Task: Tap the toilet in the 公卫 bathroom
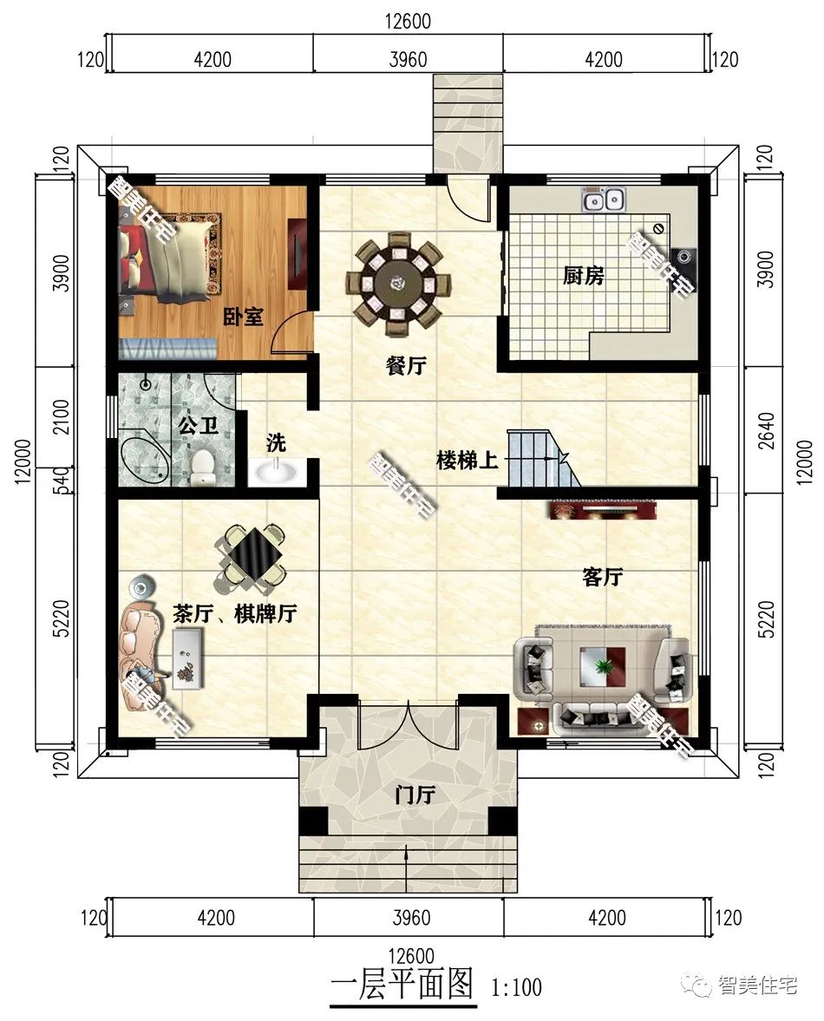point(203,464)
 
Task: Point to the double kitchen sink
point(605,200)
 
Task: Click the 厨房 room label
point(583,276)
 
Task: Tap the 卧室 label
point(244,317)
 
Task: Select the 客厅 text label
point(602,576)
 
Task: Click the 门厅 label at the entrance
point(415,795)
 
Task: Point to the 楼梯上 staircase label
point(468,461)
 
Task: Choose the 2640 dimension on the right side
point(767,430)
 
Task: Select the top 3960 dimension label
point(408,60)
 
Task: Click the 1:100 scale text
point(517,987)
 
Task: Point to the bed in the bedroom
point(168,258)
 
